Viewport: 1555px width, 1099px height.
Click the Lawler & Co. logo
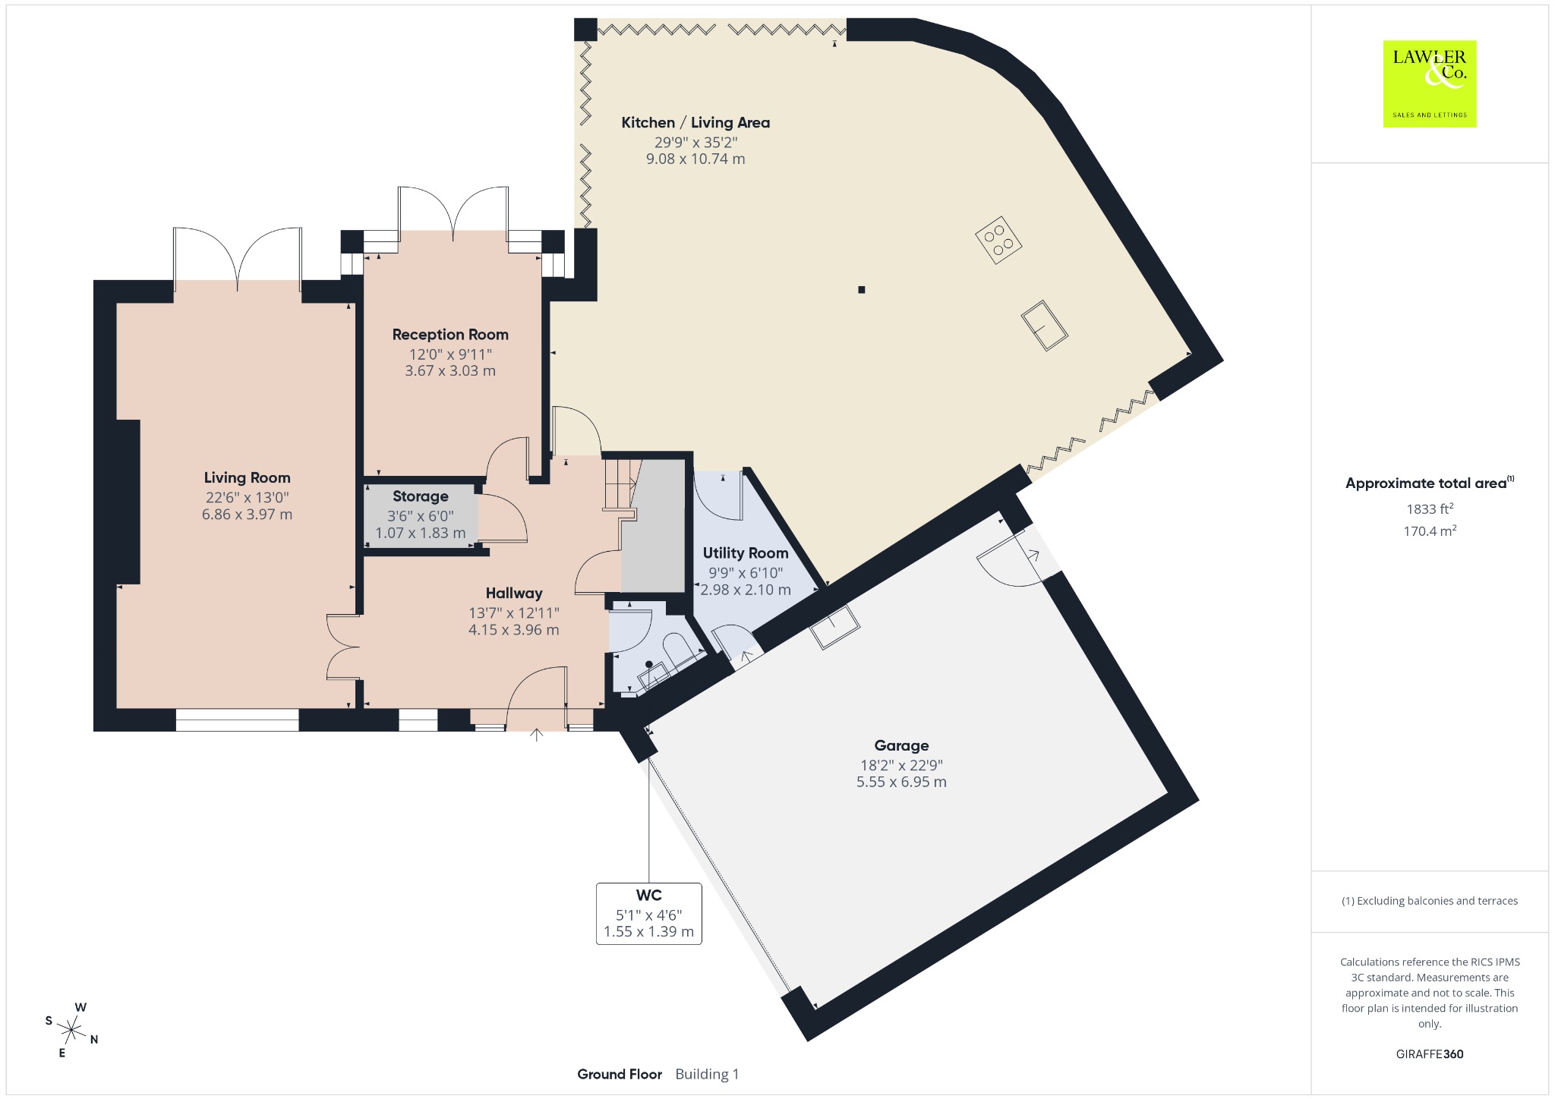pyautogui.click(x=1429, y=83)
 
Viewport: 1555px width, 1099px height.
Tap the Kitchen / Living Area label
pyautogui.click(x=695, y=122)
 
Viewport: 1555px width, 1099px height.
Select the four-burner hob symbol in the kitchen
pyautogui.click(x=998, y=240)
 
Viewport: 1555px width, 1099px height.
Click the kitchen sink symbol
pyautogui.click(x=1044, y=325)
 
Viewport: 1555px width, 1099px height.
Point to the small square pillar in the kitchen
pyautogui.click(x=861, y=289)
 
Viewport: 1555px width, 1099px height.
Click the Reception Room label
pyautogui.click(x=450, y=335)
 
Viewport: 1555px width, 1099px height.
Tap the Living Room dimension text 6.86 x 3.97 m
pyautogui.click(x=247, y=514)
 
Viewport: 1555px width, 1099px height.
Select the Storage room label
pyautogui.click(x=420, y=496)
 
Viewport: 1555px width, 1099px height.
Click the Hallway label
pyautogui.click(x=514, y=594)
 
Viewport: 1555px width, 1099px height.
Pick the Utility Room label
pyautogui.click(x=746, y=553)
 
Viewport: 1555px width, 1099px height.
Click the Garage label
pyautogui.click(x=901, y=745)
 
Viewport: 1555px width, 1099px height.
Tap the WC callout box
pyautogui.click(x=649, y=913)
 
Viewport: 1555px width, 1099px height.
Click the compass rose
pyautogui.click(x=72, y=1030)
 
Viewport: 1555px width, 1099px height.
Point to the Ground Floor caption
pyautogui.click(x=620, y=1074)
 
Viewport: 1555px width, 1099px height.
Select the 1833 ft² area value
pyautogui.click(x=1430, y=509)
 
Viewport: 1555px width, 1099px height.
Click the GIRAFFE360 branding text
pyautogui.click(x=1430, y=1053)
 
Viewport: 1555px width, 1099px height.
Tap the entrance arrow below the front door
pyautogui.click(x=537, y=735)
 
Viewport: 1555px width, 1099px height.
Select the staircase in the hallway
pyautogui.click(x=621, y=486)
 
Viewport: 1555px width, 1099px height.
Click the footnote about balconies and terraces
pyautogui.click(x=1430, y=901)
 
